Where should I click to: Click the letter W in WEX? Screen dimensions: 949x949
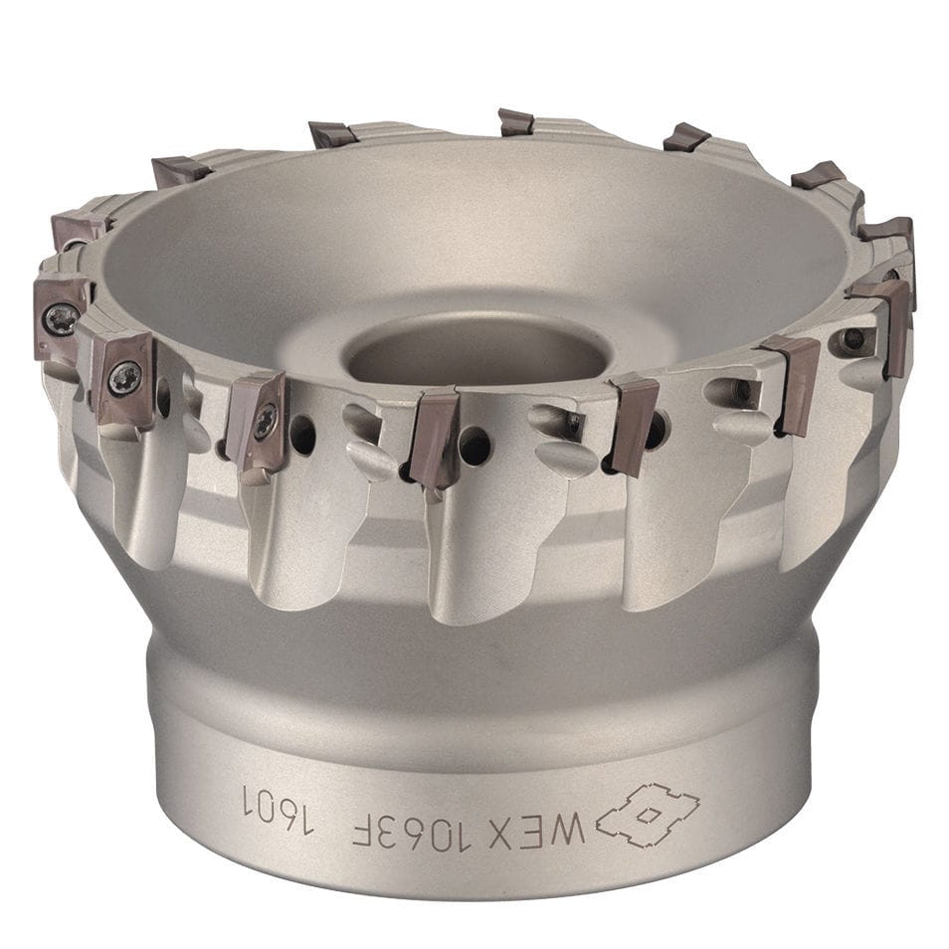click(574, 829)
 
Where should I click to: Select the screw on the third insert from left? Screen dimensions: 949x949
click(264, 421)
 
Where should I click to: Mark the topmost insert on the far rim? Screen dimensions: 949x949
click(515, 122)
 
